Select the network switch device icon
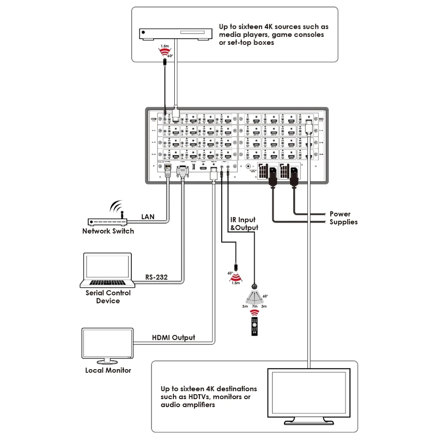click(x=108, y=222)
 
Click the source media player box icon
click(x=175, y=34)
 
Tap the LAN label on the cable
click(x=148, y=217)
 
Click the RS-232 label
click(x=156, y=277)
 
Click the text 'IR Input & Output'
click(x=244, y=224)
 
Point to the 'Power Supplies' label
click(x=343, y=218)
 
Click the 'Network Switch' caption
click(x=108, y=231)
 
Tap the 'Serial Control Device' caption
click(x=108, y=297)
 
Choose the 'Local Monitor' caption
click(x=108, y=370)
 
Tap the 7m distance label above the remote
click(x=254, y=306)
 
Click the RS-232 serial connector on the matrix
click(x=183, y=170)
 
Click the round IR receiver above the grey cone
click(x=254, y=286)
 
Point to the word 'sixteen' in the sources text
click(x=252, y=26)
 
